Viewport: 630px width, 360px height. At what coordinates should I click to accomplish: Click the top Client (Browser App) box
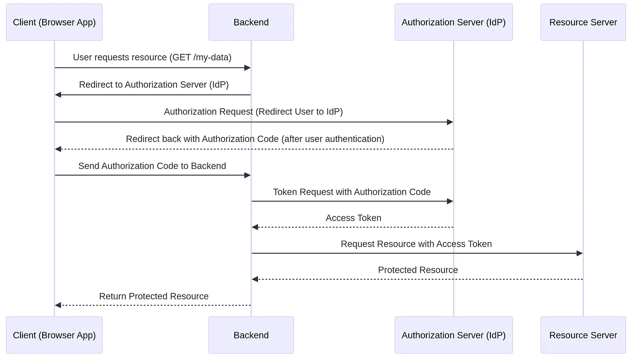point(54,22)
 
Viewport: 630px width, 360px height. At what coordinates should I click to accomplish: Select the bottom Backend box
point(251,335)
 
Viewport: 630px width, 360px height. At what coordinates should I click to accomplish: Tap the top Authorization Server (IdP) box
point(453,22)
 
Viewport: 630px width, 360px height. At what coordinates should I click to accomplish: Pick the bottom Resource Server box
point(583,335)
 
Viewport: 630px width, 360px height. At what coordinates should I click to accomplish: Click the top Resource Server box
point(583,22)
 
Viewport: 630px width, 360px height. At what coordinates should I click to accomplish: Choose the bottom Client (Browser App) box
point(54,335)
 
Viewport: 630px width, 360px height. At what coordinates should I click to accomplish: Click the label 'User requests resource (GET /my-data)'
point(152,58)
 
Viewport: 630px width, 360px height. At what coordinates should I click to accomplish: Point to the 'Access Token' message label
point(354,218)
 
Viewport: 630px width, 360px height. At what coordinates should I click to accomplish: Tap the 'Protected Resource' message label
point(418,270)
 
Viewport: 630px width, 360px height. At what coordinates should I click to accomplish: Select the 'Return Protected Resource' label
point(154,296)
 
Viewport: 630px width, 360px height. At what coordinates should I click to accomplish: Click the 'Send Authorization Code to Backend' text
point(152,166)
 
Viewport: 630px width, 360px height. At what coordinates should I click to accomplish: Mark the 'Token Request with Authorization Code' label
point(352,192)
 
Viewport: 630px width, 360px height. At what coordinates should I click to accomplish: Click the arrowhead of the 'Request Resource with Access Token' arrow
point(579,253)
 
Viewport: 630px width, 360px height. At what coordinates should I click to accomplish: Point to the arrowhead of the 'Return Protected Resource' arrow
point(58,305)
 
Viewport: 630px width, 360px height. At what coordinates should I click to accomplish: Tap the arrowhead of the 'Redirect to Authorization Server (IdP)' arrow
point(58,95)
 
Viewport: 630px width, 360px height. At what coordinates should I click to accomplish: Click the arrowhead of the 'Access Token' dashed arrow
point(255,227)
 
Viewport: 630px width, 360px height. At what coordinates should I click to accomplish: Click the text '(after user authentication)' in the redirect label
point(333,139)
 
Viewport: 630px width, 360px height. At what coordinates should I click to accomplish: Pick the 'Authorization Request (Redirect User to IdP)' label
point(253,112)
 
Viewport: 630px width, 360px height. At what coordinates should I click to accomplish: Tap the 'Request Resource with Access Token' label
point(416,244)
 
